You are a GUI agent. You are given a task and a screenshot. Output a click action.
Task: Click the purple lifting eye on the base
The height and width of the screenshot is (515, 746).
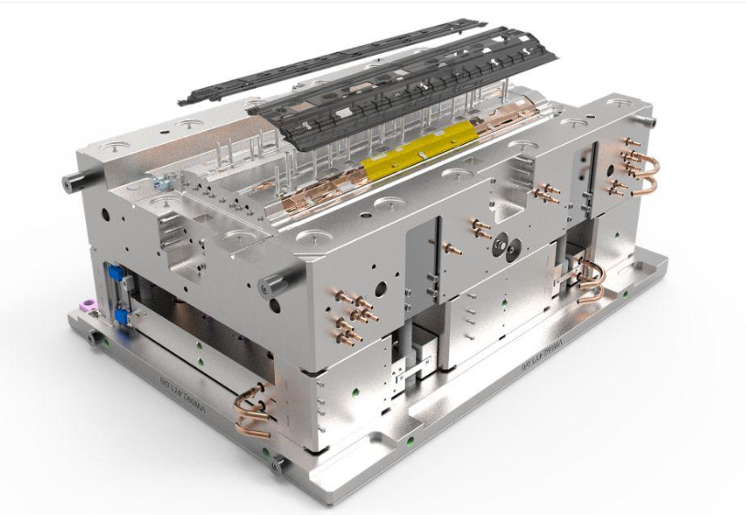tap(88, 305)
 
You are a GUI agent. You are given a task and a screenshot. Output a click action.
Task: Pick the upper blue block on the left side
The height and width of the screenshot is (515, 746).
tap(115, 273)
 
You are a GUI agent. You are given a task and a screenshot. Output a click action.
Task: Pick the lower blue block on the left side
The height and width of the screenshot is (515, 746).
tap(120, 316)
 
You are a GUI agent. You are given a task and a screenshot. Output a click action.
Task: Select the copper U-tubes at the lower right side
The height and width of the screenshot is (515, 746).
tap(591, 279)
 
